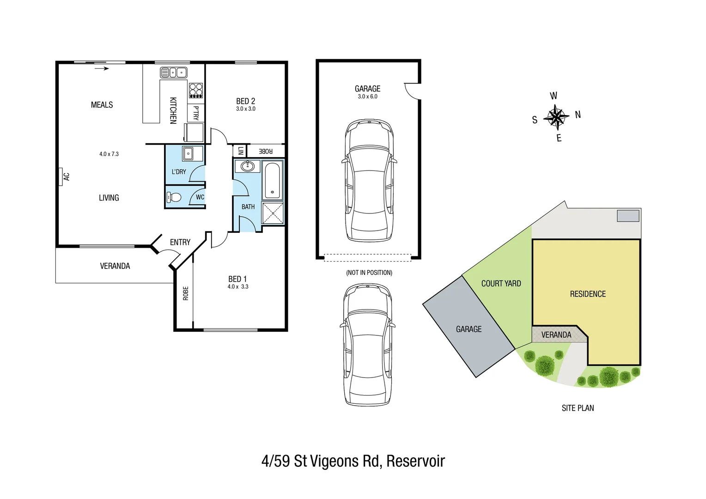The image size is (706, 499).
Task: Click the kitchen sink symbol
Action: (173, 73)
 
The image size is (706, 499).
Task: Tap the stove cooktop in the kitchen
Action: (196, 90)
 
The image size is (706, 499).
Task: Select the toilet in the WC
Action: (174, 198)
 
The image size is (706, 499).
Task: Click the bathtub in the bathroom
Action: (273, 180)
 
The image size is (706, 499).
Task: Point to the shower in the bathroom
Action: (273, 213)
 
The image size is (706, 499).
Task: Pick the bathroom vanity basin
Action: (248, 166)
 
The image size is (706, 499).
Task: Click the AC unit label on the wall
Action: (66, 176)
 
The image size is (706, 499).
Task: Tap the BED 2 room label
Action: (245, 101)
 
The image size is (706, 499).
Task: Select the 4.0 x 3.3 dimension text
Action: (237, 287)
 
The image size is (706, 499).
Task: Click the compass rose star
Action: (556, 117)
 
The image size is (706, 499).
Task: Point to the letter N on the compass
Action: (578, 115)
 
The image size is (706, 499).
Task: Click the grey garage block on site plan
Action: (469, 329)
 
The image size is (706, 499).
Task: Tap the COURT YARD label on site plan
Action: (501, 284)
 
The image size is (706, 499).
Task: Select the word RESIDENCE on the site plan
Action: (587, 294)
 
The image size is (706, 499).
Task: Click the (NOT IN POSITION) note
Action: (369, 273)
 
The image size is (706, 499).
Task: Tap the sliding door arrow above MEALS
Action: (102, 69)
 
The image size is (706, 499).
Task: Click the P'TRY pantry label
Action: (196, 113)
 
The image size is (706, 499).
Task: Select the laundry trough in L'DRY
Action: (188, 153)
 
